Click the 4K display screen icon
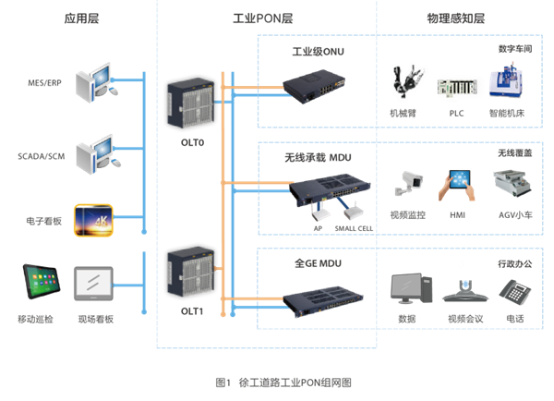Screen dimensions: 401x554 93,220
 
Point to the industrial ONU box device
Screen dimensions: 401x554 314,85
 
